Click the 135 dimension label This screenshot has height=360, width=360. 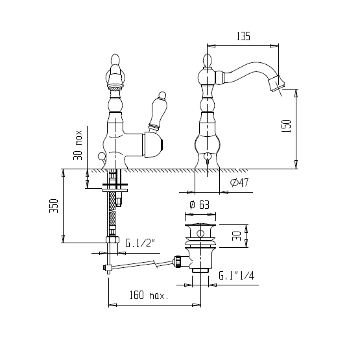click(x=243, y=36)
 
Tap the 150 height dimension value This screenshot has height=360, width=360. click(x=286, y=126)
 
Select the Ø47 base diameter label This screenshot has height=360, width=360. click(x=239, y=182)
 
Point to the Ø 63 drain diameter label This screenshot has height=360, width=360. click(x=199, y=204)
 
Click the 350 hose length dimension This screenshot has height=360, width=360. click(x=54, y=206)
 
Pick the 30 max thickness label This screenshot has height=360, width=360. click(x=78, y=145)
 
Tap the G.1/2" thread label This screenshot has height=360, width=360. click(x=141, y=243)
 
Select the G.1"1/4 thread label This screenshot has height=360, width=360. click(x=237, y=275)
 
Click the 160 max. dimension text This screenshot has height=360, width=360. click(x=149, y=295)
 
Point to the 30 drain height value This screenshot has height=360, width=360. click(x=237, y=236)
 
